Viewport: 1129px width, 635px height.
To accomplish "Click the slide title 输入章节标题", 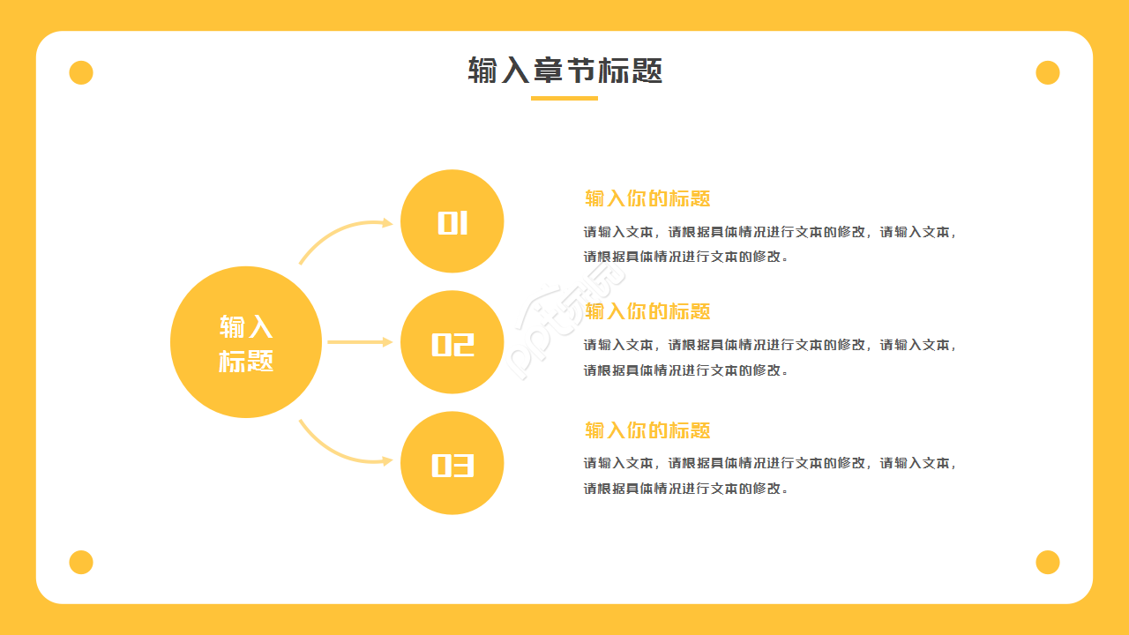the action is pyautogui.click(x=564, y=71).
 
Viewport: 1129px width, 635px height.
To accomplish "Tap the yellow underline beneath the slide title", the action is pyautogui.click(x=564, y=98).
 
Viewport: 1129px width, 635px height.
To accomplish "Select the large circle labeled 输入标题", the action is pyautogui.click(x=246, y=342).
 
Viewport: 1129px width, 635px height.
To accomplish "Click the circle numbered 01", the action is pyautogui.click(x=452, y=221).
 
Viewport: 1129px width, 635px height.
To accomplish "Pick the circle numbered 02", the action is pyautogui.click(x=452, y=342).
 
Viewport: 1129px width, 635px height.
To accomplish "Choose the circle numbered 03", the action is pyautogui.click(x=452, y=463).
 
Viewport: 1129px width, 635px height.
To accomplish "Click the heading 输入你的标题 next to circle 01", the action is pyautogui.click(x=647, y=198).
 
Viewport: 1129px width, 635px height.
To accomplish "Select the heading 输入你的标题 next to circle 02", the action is pyautogui.click(x=647, y=311).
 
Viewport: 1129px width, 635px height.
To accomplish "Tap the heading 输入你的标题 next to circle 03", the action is pyautogui.click(x=647, y=430).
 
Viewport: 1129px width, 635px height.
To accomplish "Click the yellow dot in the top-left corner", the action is pyautogui.click(x=81, y=72).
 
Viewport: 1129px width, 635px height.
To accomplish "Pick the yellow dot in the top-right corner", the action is pyautogui.click(x=1048, y=72).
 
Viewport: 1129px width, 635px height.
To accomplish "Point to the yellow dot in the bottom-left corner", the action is pyautogui.click(x=81, y=562).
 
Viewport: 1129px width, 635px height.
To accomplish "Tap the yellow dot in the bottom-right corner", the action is pyautogui.click(x=1048, y=562).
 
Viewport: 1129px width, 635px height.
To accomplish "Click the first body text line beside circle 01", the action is pyautogui.click(x=770, y=233).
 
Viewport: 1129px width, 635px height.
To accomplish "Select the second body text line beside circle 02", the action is pyautogui.click(x=685, y=370).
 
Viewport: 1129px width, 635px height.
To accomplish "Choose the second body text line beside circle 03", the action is pyautogui.click(x=685, y=489).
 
